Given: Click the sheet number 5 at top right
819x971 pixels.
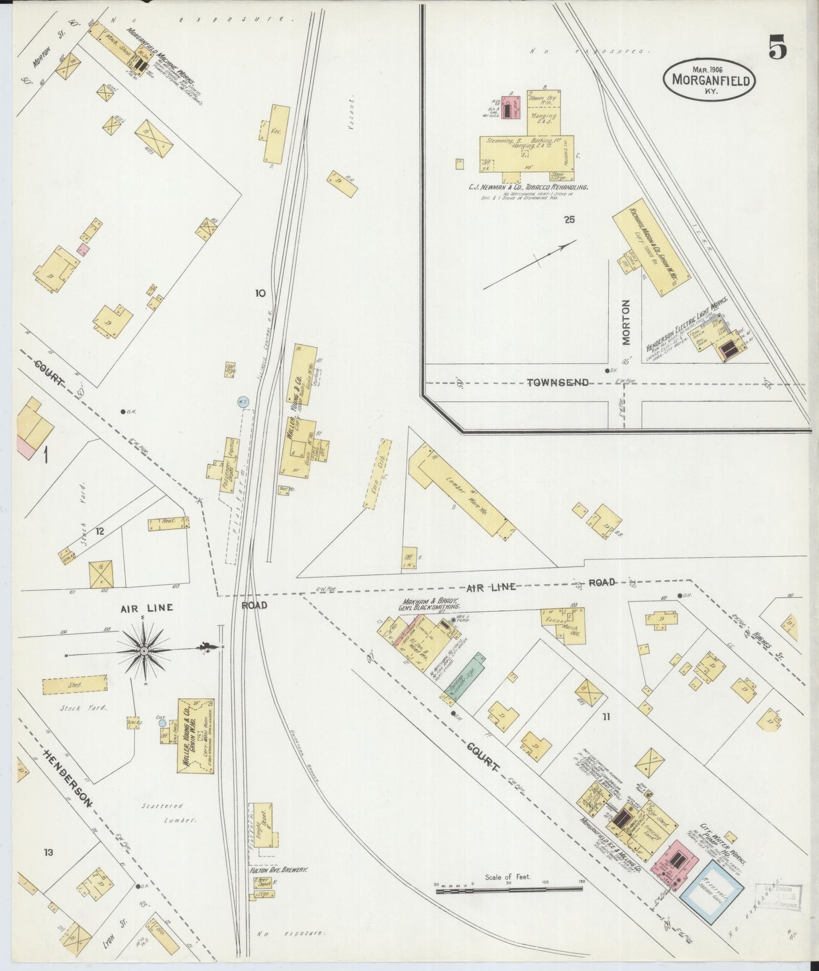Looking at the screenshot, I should click(x=777, y=48).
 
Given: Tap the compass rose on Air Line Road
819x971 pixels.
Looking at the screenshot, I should click(x=144, y=651).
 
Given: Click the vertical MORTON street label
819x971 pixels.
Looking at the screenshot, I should click(x=626, y=322).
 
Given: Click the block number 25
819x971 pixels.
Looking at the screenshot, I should click(x=570, y=219).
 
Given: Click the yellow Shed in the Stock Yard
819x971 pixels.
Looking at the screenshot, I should click(x=75, y=684).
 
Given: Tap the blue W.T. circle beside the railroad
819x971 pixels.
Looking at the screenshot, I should click(x=243, y=402).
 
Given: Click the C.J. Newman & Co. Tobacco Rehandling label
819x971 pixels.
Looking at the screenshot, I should click(x=528, y=186).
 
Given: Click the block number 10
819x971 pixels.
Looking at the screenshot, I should click(x=260, y=293).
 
